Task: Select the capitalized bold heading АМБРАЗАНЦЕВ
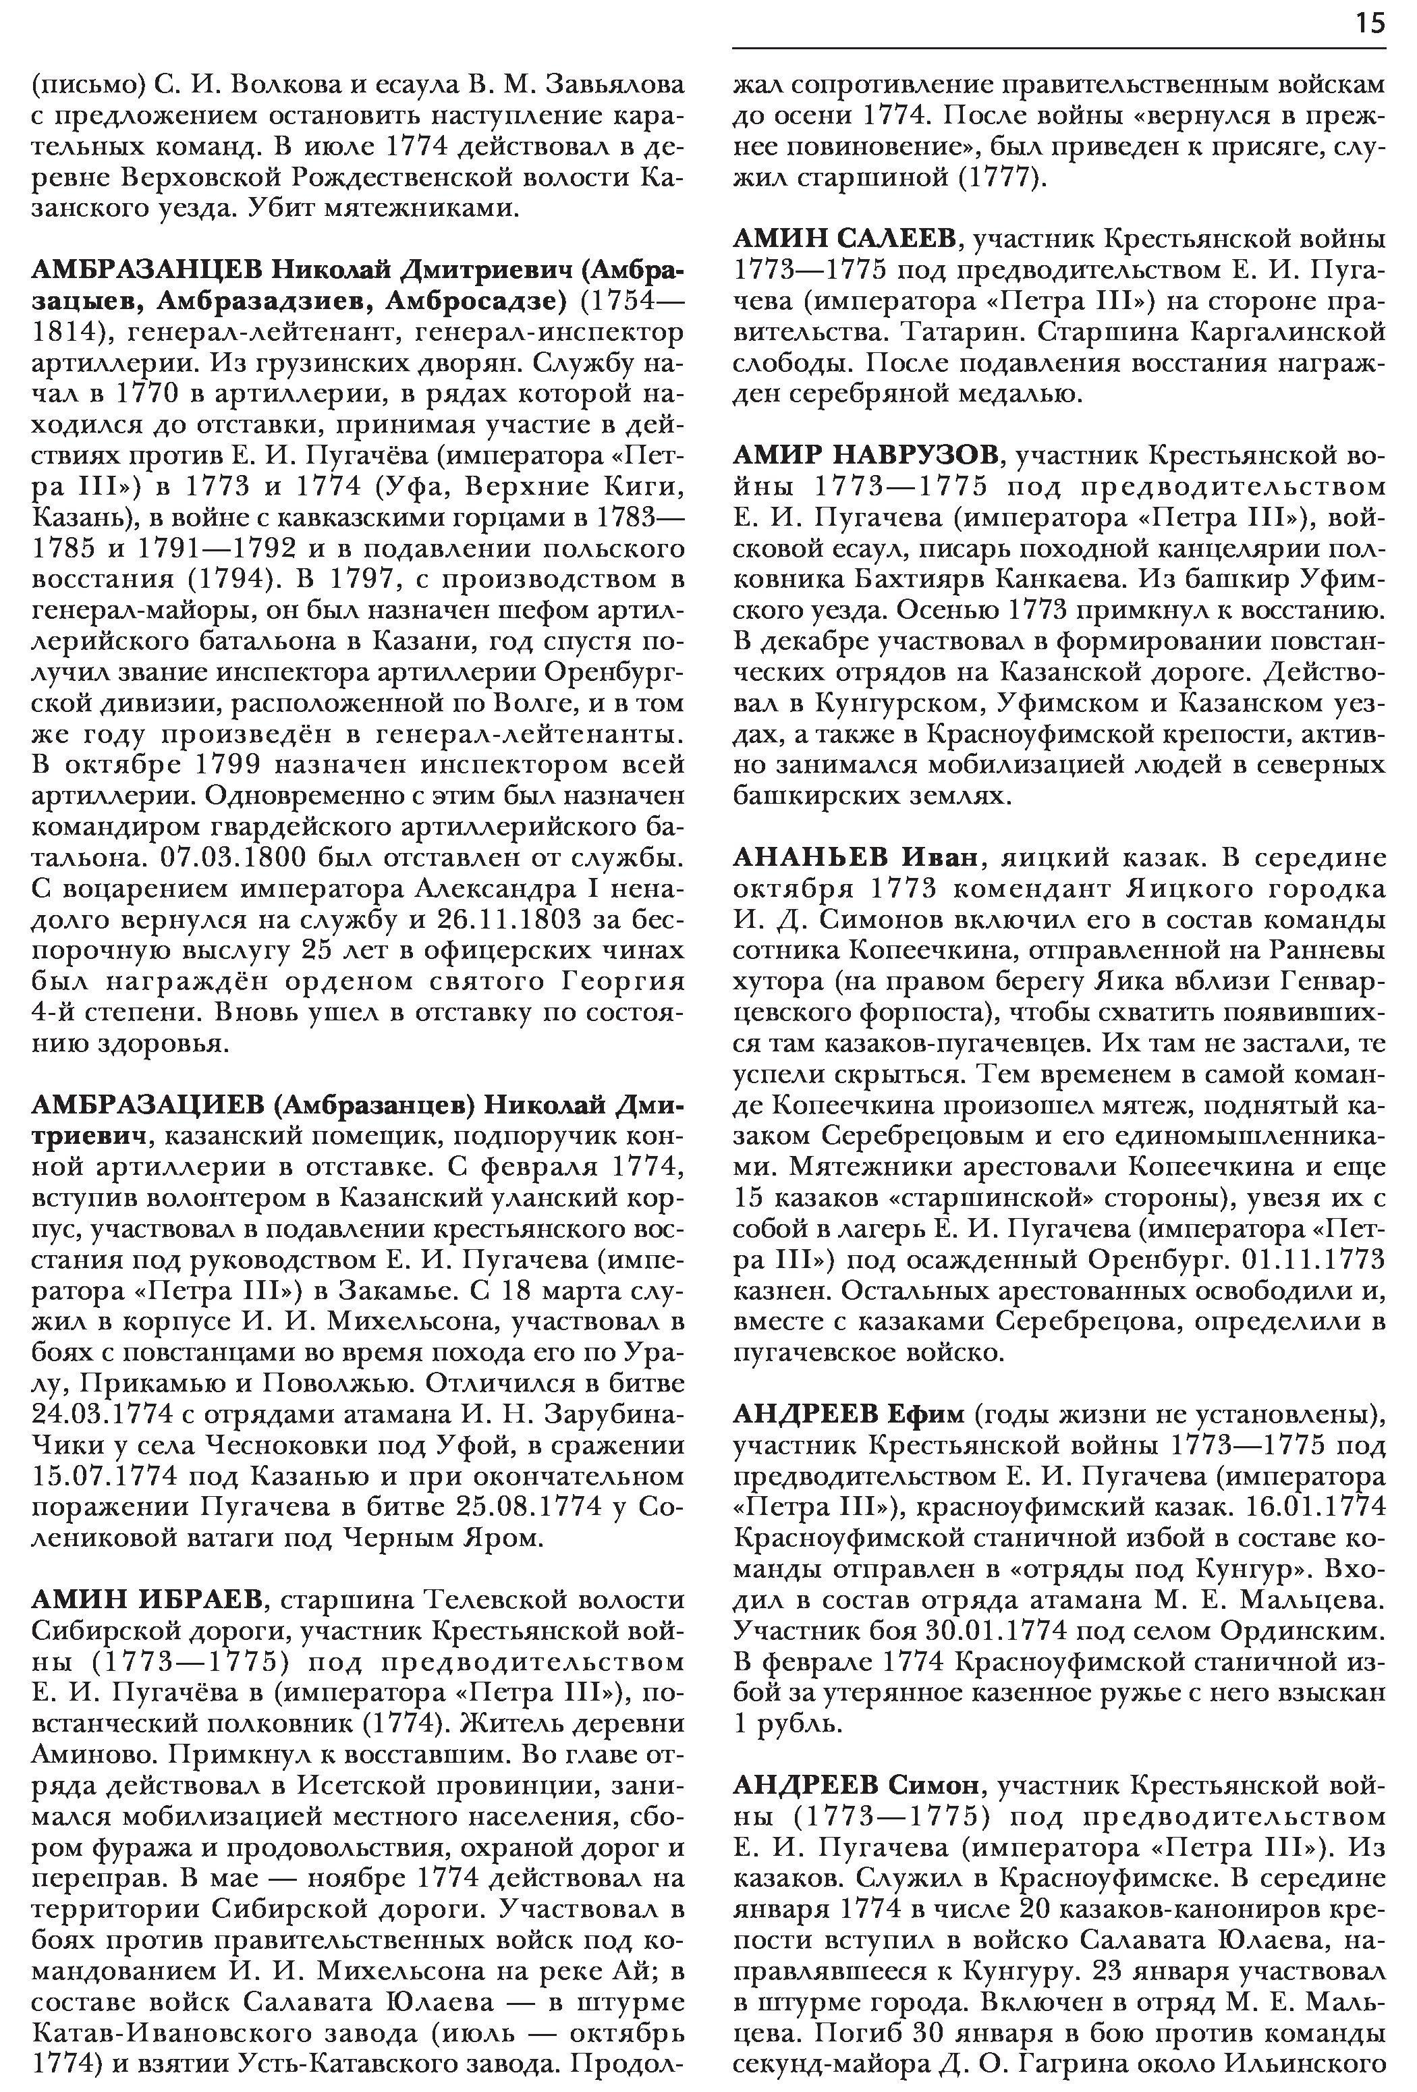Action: [148, 270]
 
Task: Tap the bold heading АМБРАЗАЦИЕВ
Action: [148, 1105]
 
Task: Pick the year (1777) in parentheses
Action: [1002, 178]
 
